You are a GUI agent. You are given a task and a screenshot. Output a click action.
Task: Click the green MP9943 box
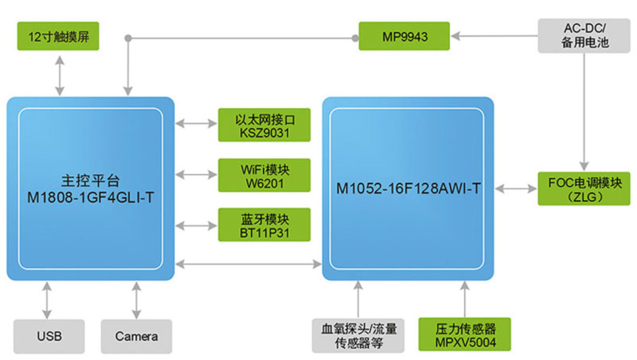pos(405,37)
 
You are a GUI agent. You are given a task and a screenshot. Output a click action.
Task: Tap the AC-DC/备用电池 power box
pos(584,35)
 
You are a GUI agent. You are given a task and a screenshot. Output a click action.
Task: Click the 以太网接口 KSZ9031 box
pos(264,125)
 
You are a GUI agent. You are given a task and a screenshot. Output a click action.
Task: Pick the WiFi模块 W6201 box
pos(264,175)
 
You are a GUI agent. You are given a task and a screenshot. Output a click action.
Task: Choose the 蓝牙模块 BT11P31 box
pos(264,225)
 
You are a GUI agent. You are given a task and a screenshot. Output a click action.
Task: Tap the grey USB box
pos(49,336)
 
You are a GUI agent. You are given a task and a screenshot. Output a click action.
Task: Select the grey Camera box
pos(136,336)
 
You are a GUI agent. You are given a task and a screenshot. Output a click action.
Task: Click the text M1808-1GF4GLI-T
pos(90,197)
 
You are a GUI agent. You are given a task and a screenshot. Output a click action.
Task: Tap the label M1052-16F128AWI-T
pos(408,189)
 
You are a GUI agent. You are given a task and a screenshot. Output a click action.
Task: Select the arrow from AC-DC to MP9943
pos(494,37)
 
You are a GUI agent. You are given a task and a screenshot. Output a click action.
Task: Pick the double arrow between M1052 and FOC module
pos(515,188)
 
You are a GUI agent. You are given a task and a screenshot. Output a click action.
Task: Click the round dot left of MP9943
pos(355,38)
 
